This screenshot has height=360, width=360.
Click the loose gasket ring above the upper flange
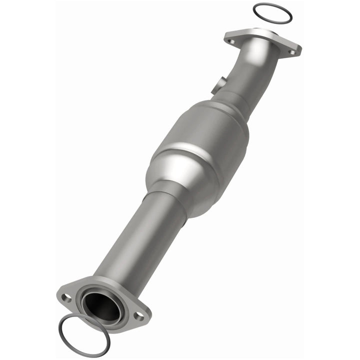254,10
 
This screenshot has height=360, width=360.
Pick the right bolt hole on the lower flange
139,315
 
